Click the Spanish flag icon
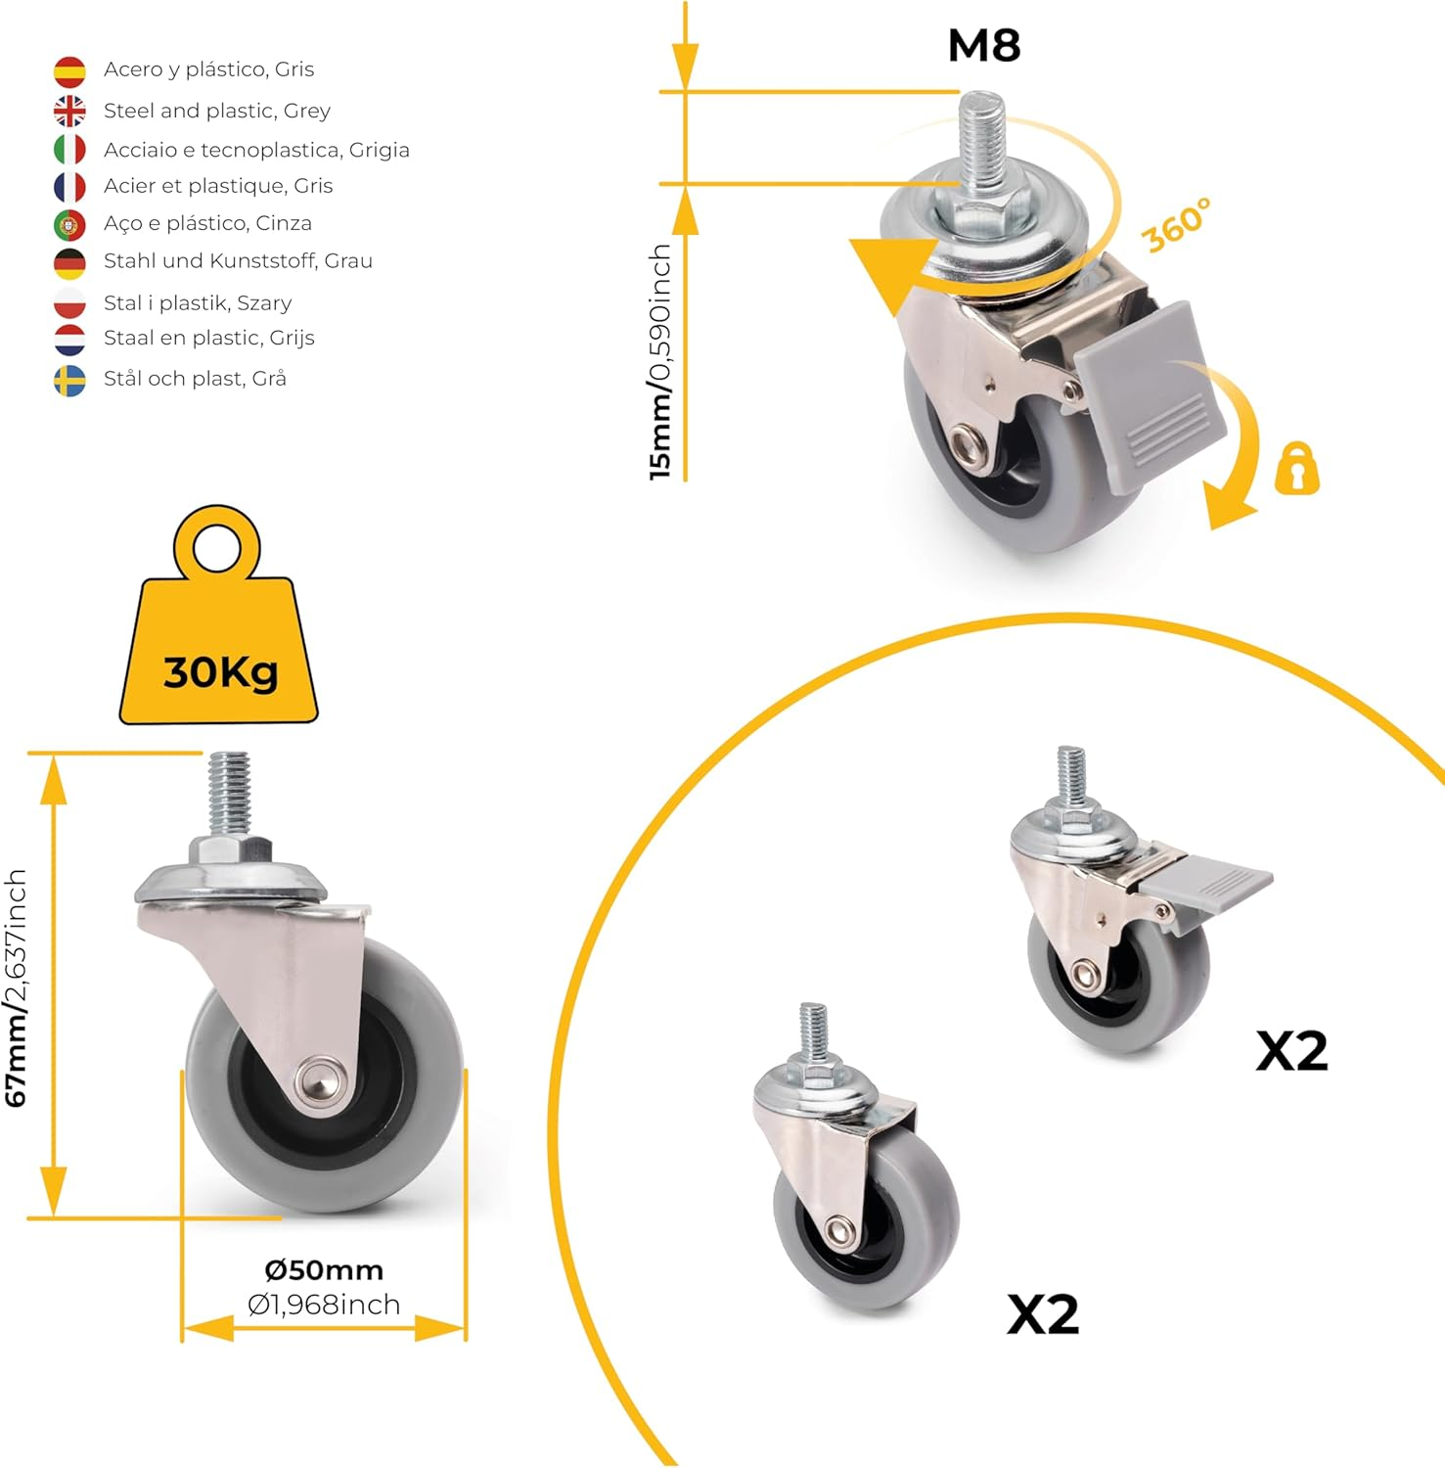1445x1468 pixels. [69, 71]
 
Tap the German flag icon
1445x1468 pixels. [69, 263]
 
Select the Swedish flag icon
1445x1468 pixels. [69, 381]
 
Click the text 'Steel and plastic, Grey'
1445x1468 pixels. [217, 111]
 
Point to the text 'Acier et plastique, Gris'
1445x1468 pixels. [218, 186]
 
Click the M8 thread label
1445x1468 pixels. [983, 46]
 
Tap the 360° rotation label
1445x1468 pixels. [1176, 225]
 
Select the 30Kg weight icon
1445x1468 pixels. [219, 636]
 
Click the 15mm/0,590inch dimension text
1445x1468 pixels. [661, 362]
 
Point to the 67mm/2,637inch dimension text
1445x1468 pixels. [17, 988]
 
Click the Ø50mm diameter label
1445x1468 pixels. [324, 1270]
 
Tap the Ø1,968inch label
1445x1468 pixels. [324, 1305]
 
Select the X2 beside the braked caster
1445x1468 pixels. [1291, 1052]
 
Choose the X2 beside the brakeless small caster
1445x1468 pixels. [1043, 1314]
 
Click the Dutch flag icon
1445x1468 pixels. [69, 340]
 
